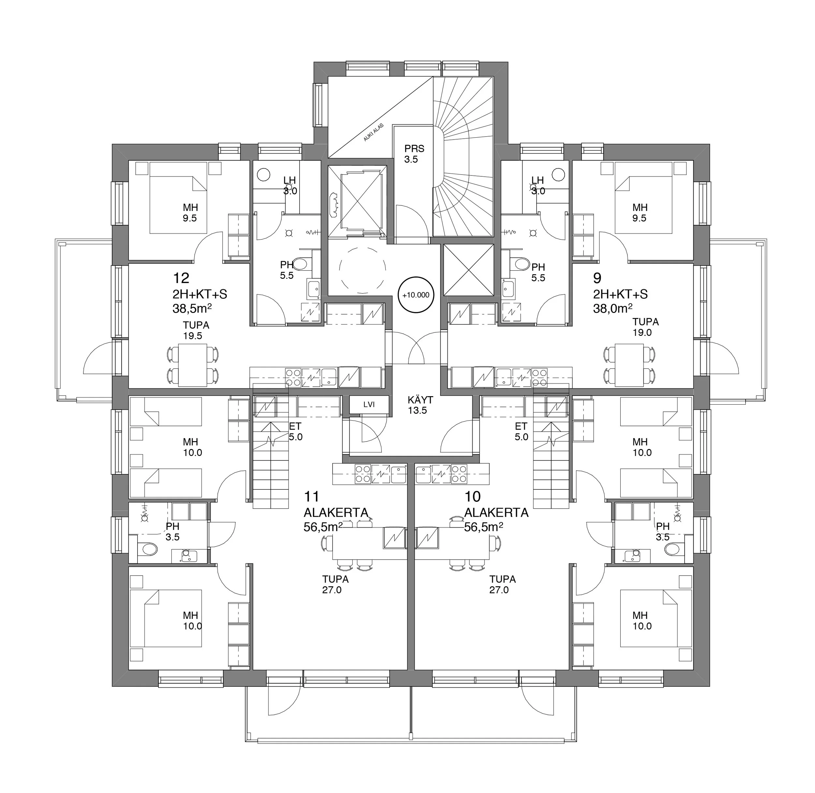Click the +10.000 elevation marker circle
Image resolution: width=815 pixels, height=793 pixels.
[416, 295]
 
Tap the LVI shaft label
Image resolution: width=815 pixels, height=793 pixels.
[369, 404]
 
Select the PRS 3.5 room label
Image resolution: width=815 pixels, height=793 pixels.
[414, 154]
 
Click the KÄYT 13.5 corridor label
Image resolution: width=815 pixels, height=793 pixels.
[420, 405]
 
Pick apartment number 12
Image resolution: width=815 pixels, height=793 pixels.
[181, 278]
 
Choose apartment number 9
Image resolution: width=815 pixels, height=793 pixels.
[598, 278]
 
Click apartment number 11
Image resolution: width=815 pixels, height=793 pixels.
[312, 497]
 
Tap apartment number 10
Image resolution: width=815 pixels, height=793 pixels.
[473, 497]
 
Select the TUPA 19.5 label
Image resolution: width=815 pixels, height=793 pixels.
[196, 331]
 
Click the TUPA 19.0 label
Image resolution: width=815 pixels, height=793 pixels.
[645, 327]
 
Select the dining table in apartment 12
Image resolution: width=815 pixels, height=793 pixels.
[192, 365]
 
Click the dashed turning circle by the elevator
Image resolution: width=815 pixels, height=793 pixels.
[362, 269]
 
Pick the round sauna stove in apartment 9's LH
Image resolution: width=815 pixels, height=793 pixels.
[558, 174]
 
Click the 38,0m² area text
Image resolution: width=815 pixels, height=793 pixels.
[613, 308]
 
